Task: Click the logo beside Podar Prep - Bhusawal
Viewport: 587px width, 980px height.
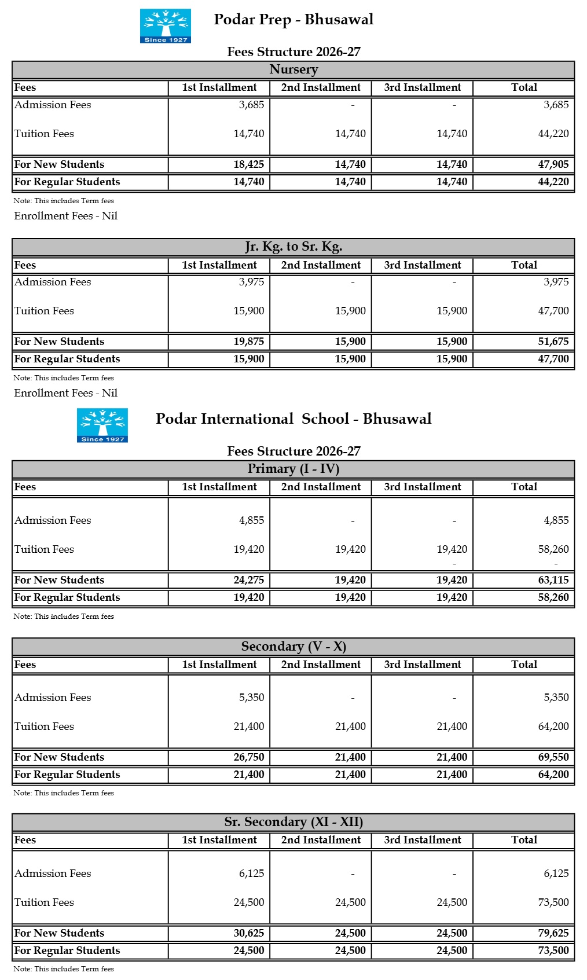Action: (x=165, y=25)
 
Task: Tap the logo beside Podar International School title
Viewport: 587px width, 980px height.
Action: (x=102, y=425)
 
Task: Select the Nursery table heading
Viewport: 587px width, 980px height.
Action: (x=293, y=69)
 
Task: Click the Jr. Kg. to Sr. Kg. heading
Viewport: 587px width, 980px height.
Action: (x=293, y=247)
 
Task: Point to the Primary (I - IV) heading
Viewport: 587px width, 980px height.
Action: (x=293, y=469)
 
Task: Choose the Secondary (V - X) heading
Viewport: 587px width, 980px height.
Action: (x=293, y=647)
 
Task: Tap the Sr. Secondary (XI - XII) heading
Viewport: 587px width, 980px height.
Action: (x=293, y=822)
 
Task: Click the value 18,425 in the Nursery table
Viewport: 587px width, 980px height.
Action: (x=248, y=164)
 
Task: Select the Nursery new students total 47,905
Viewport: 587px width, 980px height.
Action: (x=553, y=164)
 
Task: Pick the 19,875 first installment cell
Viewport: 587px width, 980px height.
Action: (x=248, y=342)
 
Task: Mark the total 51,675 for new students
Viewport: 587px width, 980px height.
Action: (x=553, y=342)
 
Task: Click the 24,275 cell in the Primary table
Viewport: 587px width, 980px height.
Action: (x=248, y=580)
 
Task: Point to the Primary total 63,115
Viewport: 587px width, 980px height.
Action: (x=553, y=580)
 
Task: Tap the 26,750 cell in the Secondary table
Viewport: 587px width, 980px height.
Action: (x=248, y=757)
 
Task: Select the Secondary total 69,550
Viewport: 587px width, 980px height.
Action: (x=553, y=757)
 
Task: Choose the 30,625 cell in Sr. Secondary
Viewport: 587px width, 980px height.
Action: (x=248, y=933)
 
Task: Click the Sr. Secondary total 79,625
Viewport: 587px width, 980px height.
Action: (x=553, y=933)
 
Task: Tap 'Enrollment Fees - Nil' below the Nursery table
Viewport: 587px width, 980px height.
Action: (x=66, y=216)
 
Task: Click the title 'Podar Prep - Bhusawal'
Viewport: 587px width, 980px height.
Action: (x=293, y=20)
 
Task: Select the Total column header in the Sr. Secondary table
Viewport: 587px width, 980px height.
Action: (x=524, y=840)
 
